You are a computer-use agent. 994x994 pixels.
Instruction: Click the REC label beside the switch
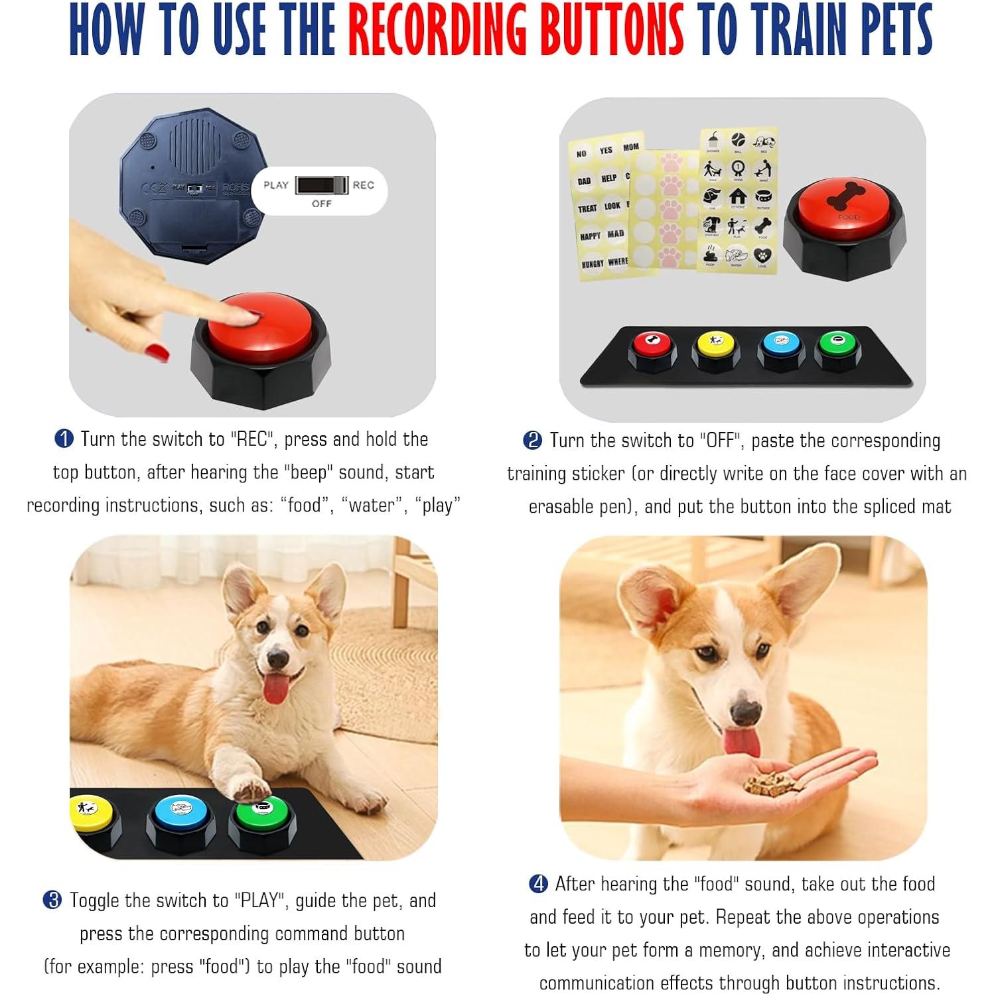click(x=363, y=185)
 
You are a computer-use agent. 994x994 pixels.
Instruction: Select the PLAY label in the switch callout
click(x=276, y=185)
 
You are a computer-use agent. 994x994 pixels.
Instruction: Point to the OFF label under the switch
click(x=321, y=204)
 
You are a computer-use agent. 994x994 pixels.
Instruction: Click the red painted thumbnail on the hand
click(x=157, y=351)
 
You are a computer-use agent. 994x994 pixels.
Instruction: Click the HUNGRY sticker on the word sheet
click(x=593, y=263)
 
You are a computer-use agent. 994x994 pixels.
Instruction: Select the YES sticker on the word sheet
click(x=606, y=151)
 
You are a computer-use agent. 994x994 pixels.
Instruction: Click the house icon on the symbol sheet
click(x=738, y=196)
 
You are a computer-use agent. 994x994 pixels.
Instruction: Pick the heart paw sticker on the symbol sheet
click(x=762, y=255)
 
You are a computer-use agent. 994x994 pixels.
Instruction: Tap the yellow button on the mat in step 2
click(x=716, y=343)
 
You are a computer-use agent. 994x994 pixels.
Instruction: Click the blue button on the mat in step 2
click(x=781, y=343)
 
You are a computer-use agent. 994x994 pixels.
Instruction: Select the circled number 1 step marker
click(x=64, y=439)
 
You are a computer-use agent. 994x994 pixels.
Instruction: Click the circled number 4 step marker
click(x=538, y=884)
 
